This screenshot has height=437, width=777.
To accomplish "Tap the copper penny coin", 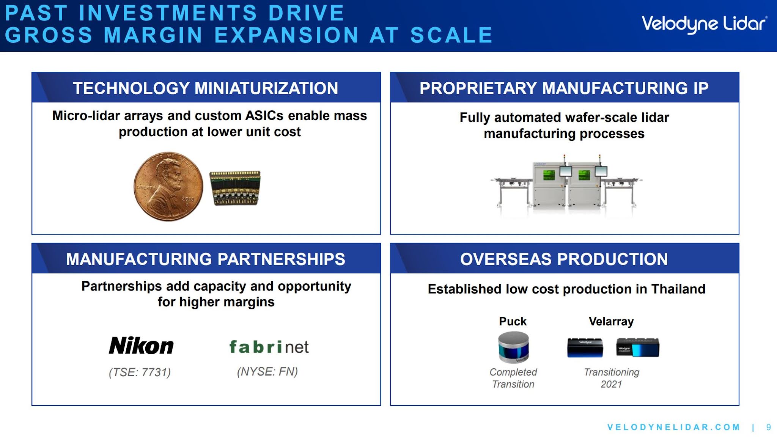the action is coord(168,186).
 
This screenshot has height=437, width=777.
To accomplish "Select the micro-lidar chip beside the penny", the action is coord(235,188).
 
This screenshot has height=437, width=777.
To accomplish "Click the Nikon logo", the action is coord(141,346).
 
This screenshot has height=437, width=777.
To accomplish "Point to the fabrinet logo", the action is coord(269,347).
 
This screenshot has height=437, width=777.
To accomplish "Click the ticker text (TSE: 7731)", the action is coord(140,372).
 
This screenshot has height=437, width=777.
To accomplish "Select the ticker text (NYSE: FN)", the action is coord(267,371).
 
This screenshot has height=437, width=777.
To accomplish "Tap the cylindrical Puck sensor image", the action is coord(513,347).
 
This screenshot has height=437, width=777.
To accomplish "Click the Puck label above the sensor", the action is coord(513,321).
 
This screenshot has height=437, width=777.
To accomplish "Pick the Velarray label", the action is coord(611,322).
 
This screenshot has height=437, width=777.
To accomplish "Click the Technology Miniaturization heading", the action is coord(206,88).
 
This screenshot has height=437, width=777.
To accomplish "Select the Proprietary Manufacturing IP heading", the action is coord(564,88).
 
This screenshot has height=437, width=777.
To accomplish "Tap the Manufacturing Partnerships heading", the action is coord(206,259).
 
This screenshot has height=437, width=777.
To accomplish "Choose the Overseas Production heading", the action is coord(564,259).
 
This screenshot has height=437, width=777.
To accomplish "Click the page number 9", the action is coord(769,427).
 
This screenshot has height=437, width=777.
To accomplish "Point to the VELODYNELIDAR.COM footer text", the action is coord(674,427).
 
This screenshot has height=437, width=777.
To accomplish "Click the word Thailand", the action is coord(678,289).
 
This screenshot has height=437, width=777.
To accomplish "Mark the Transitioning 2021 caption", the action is coord(612,378).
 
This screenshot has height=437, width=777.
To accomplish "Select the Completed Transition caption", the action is coord(513,378).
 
